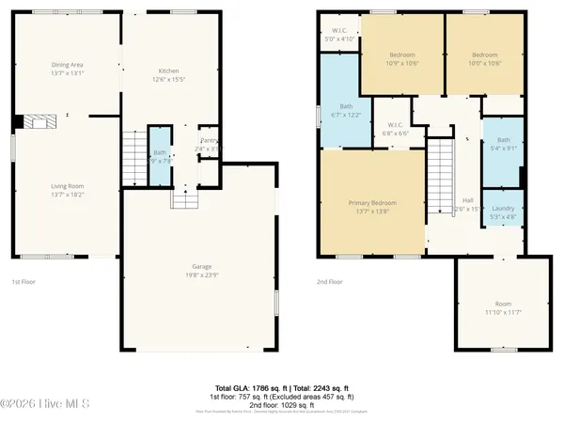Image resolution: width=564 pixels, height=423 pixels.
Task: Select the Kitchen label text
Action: point(168,71)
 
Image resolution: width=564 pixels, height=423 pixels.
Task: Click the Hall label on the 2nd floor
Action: point(468,200)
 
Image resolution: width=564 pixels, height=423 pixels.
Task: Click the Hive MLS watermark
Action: point(45,405)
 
